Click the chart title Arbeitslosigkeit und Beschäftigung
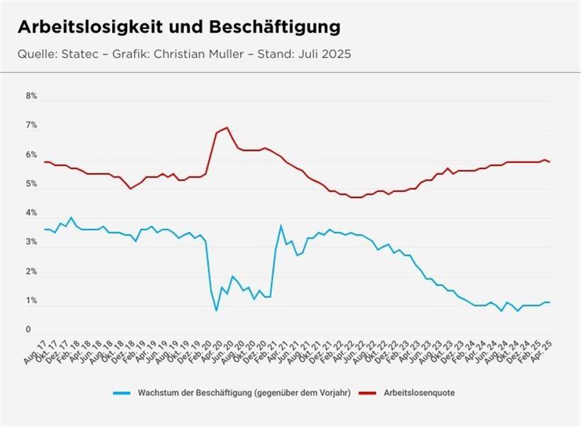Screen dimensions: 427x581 179,27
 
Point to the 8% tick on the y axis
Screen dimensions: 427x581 31,96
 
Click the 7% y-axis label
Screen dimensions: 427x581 31,125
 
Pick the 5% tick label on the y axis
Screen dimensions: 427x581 31,184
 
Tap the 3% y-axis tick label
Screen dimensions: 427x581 31,243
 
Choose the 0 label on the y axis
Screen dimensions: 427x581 29,330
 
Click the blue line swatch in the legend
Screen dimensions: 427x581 122,392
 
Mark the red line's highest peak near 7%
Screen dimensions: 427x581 227,127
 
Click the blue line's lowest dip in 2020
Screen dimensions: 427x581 216,310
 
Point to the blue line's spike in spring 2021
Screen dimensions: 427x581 281,225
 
